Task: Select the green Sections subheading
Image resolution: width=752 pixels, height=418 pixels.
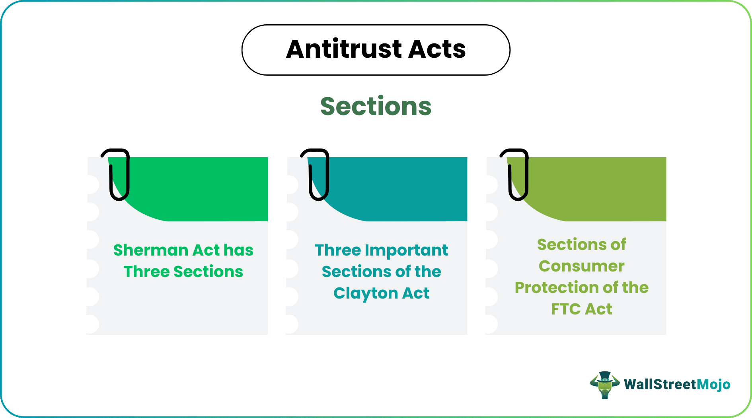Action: [x=376, y=106]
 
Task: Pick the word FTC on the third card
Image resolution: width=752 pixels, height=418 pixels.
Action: [x=565, y=309]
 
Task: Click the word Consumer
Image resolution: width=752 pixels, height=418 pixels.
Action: [x=581, y=266]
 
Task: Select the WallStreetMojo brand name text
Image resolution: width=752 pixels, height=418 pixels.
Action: [x=677, y=385]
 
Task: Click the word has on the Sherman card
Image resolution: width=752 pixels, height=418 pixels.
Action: [x=238, y=250]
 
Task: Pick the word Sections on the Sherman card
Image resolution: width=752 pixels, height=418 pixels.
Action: [x=208, y=272]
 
